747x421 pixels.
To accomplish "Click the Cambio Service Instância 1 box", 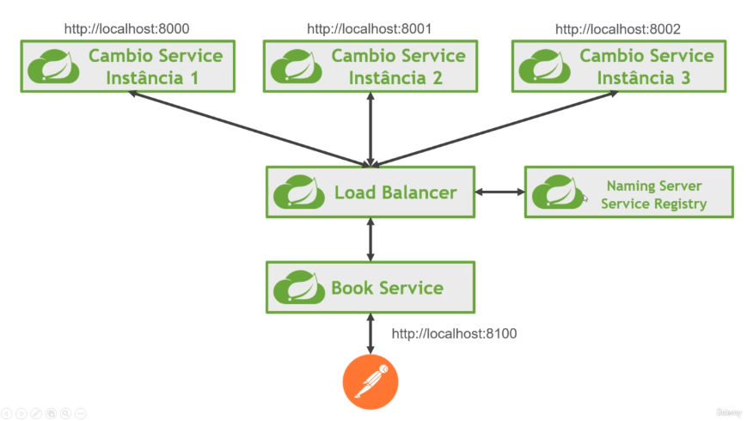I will click(x=127, y=67).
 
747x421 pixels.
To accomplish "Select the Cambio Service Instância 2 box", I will click(x=370, y=67).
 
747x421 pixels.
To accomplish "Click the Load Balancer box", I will click(x=370, y=192).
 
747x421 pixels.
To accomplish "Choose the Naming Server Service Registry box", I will click(x=628, y=192).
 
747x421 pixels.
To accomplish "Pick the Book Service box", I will click(x=370, y=288).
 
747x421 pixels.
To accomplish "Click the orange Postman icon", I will click(x=370, y=381).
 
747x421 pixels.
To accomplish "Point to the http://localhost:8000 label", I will click(x=127, y=29).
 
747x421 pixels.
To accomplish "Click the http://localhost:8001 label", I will click(x=370, y=29).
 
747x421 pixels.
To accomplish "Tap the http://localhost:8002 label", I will click(x=618, y=29).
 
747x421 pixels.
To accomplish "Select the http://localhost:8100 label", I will click(x=455, y=333).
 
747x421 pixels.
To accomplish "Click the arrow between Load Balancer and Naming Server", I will click(x=499, y=192).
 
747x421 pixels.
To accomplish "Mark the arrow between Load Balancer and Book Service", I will click(x=370, y=240).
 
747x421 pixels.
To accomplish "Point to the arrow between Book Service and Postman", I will click(x=370, y=333).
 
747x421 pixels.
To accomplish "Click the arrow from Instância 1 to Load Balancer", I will click(x=249, y=128).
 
